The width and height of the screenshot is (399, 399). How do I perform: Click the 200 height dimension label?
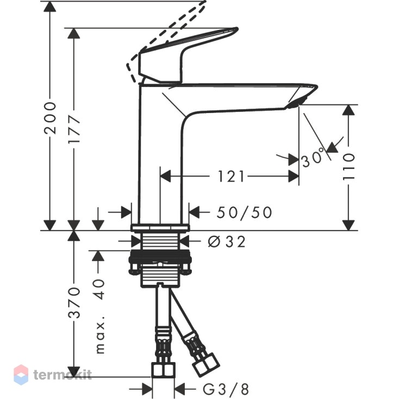[x=50, y=118]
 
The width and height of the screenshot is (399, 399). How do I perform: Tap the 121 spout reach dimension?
[x=231, y=176]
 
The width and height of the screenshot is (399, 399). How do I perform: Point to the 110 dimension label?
[x=348, y=167]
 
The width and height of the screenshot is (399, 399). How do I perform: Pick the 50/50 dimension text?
[x=244, y=213]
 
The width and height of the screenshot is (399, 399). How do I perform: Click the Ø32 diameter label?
[x=227, y=241]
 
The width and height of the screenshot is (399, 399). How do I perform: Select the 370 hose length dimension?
[x=74, y=303]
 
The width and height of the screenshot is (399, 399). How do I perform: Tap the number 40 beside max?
[x=99, y=289]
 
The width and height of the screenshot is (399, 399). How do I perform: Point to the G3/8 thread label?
[x=226, y=389]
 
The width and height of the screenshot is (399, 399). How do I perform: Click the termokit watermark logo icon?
[x=21, y=375]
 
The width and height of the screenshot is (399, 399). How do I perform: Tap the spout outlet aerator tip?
[x=295, y=104]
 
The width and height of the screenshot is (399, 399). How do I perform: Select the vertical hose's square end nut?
[x=164, y=370]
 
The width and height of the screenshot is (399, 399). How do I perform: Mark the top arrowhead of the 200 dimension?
[x=50, y=6]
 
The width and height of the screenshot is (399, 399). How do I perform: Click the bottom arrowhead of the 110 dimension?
[x=348, y=225]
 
